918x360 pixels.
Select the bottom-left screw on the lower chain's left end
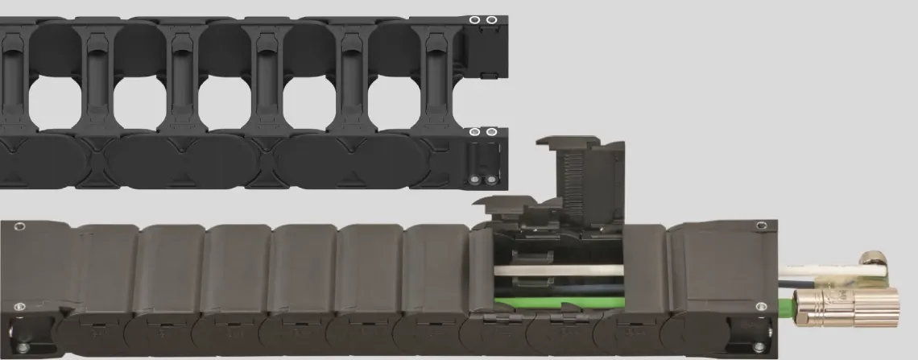point(20,306)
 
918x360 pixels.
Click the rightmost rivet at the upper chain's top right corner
point(490,20)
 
